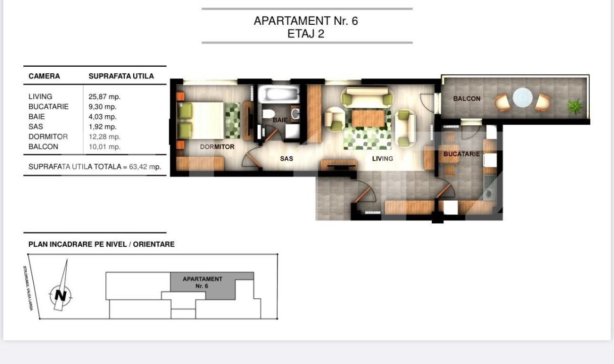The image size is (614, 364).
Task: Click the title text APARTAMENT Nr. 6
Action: click(305, 21)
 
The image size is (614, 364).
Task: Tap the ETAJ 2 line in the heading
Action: click(305, 34)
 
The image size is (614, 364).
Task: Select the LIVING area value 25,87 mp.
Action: click(105, 97)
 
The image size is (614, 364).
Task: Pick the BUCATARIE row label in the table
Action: click(48, 107)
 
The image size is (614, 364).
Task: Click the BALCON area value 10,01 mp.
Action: click(105, 147)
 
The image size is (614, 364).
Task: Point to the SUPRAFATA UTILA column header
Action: click(121, 76)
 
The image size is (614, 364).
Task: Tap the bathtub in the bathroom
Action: click(278, 94)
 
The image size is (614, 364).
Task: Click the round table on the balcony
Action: click(523, 98)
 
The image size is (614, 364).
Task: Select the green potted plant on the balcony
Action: click(574, 106)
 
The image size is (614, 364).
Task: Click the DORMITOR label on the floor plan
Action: click(217, 147)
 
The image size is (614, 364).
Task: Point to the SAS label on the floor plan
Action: click(286, 158)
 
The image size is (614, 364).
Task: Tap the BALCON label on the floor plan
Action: click(467, 99)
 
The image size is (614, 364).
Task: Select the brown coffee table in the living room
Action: click(368, 118)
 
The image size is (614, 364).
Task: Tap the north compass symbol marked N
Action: click(61, 295)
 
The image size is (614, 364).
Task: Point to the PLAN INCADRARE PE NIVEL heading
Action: click(101, 244)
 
